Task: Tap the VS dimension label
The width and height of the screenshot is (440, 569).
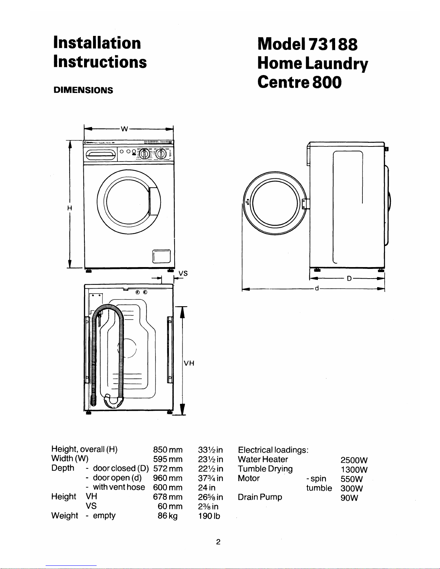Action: click(x=183, y=273)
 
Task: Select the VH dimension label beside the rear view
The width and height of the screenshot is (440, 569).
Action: click(x=189, y=363)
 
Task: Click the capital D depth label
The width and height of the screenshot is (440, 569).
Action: click(x=349, y=279)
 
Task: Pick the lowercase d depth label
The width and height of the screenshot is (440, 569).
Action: click(x=316, y=288)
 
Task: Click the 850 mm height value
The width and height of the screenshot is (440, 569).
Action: click(x=168, y=450)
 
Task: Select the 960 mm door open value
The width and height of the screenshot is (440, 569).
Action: click(x=168, y=478)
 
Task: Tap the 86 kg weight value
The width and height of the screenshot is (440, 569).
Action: click(x=167, y=516)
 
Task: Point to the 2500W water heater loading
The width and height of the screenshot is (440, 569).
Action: click(x=354, y=460)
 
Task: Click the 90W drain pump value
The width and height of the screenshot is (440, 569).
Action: click(x=349, y=498)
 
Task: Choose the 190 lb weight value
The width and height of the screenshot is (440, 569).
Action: click(x=209, y=516)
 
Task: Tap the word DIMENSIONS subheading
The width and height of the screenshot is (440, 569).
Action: click(x=83, y=90)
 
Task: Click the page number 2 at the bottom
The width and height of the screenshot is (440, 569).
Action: click(x=218, y=542)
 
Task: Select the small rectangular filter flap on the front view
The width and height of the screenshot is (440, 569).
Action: click(x=161, y=256)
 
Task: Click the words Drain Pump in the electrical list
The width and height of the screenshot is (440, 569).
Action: click(x=260, y=497)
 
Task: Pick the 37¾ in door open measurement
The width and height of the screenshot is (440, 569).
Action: click(x=210, y=478)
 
